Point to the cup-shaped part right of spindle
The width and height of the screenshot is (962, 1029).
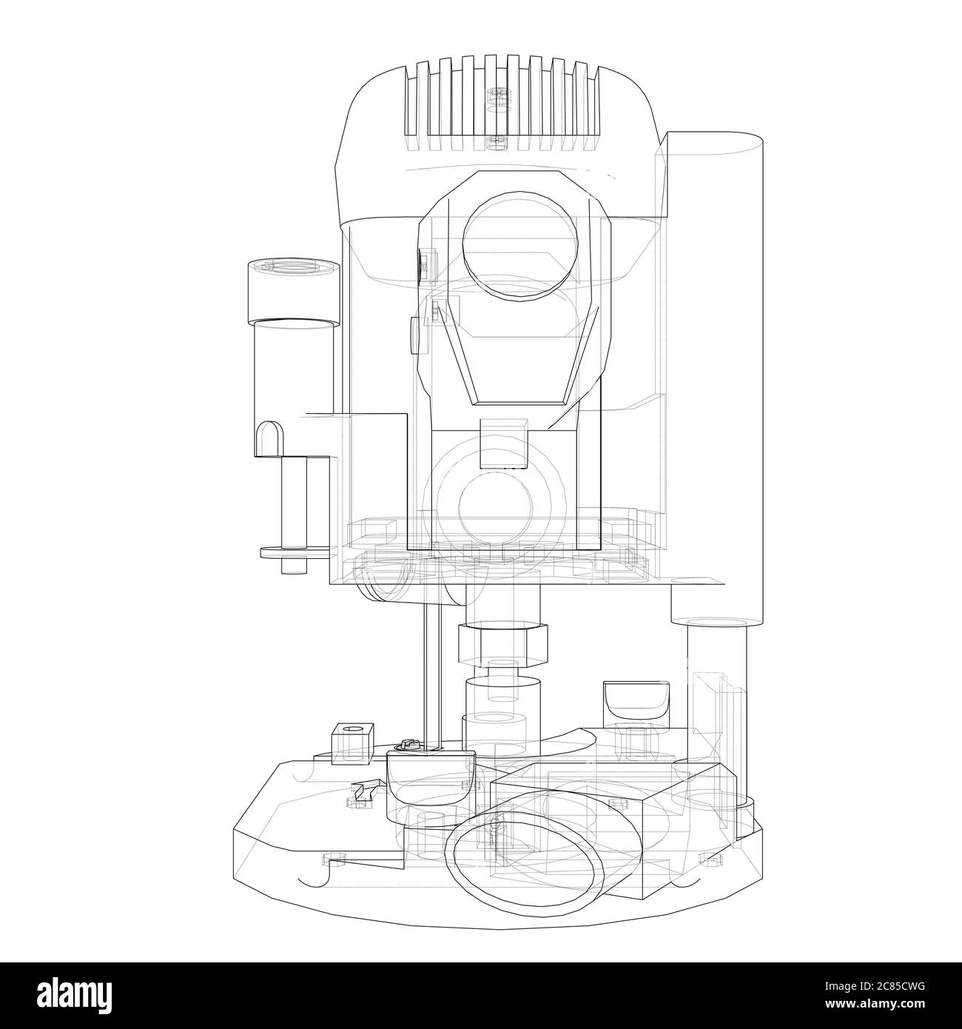tap(636, 701)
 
